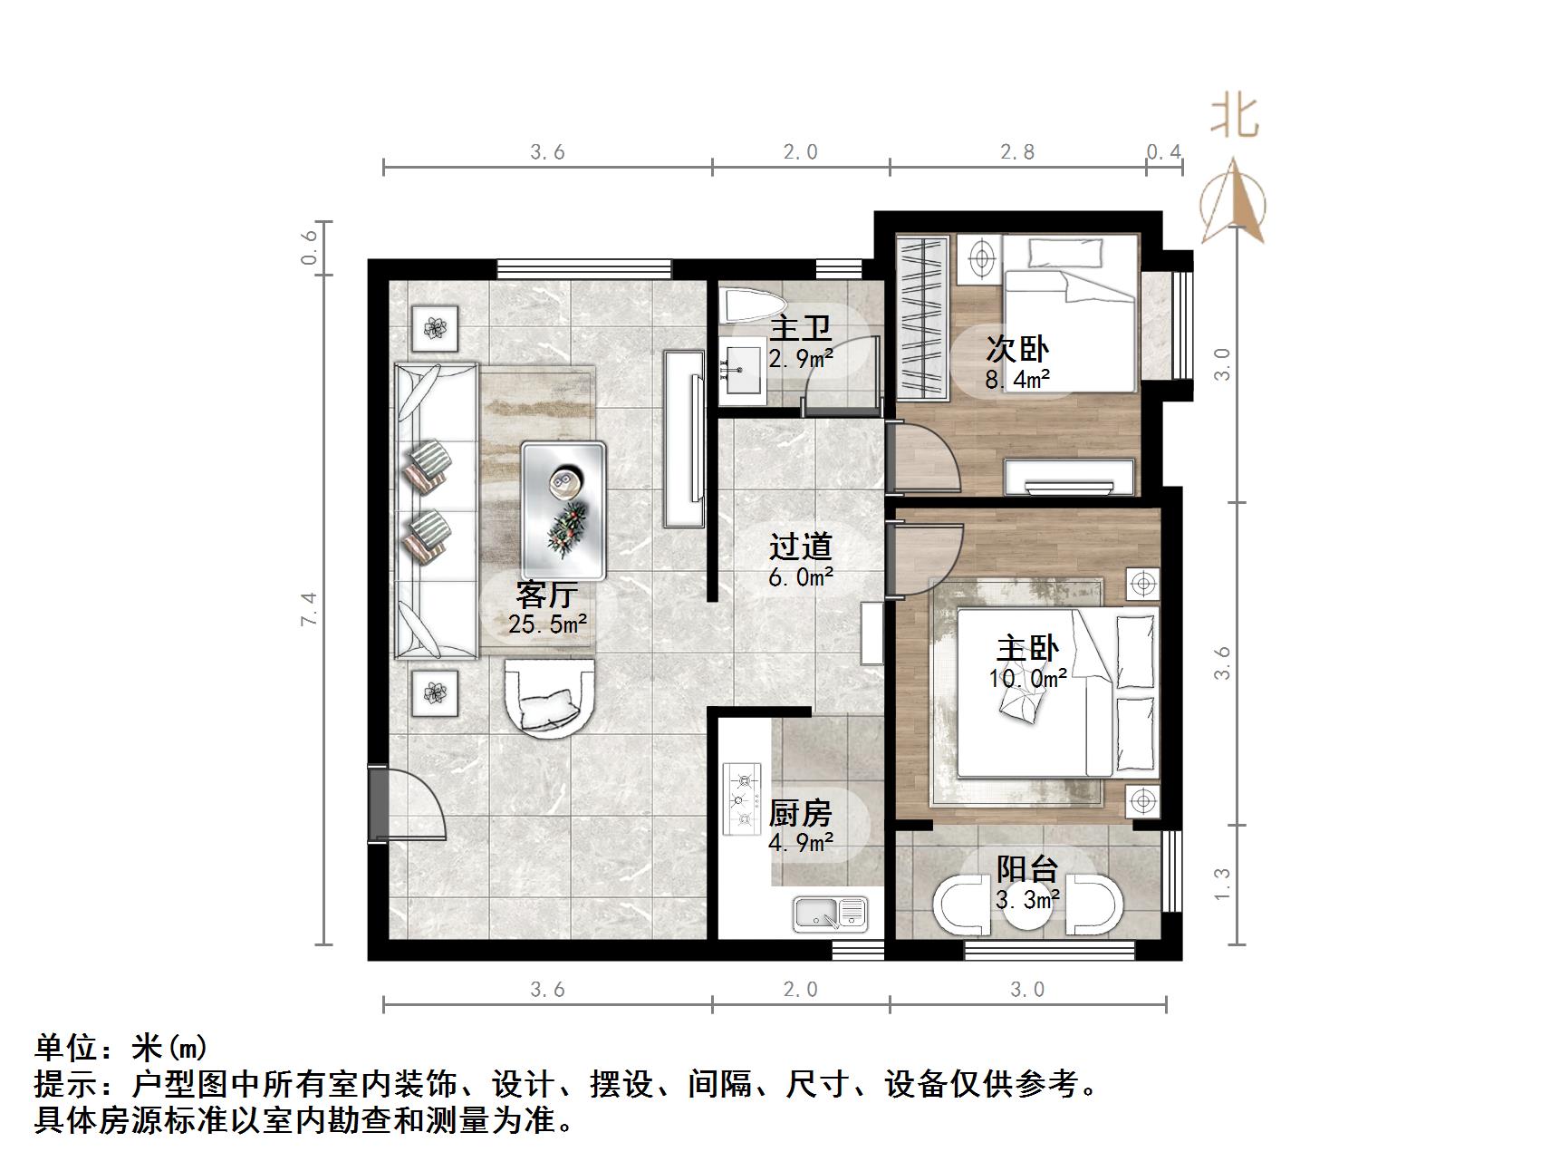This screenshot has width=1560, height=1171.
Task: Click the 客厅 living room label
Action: pyautogui.click(x=546, y=595)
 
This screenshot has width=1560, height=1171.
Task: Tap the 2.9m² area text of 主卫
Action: pyautogui.click(x=801, y=359)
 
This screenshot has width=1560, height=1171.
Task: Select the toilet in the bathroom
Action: pyautogui.click(x=753, y=307)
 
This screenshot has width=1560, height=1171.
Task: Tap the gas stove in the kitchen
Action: pyautogui.click(x=744, y=798)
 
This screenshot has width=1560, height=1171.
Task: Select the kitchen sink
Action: pyautogui.click(x=830, y=913)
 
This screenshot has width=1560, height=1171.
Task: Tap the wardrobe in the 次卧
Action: pyautogui.click(x=922, y=317)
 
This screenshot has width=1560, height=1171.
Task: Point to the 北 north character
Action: pyautogui.click(x=1235, y=117)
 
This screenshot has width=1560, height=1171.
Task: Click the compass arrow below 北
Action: pyautogui.click(x=1233, y=202)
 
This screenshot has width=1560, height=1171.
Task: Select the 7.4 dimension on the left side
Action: pyautogui.click(x=310, y=608)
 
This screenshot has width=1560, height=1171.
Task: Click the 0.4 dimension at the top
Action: pyautogui.click(x=1164, y=151)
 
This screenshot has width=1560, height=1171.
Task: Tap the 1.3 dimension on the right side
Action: pyautogui.click(x=1222, y=884)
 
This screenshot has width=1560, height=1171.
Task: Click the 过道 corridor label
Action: pyautogui.click(x=800, y=547)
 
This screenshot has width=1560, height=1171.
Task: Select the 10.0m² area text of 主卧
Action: pyautogui.click(x=1027, y=678)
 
